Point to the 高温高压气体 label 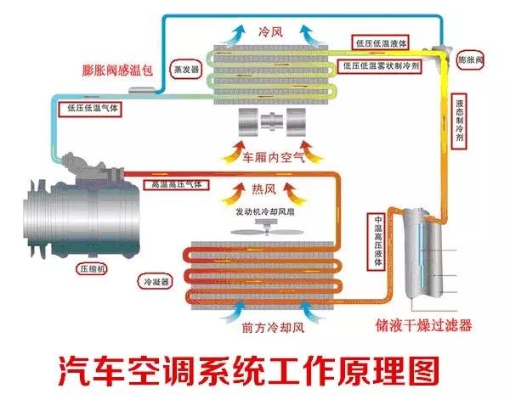(175, 183)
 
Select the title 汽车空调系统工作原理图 (254, 368)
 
